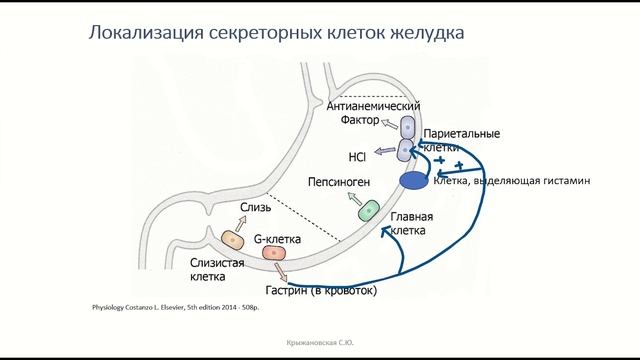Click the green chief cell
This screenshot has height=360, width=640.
click(369, 211)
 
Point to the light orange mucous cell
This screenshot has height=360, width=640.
click(232, 241)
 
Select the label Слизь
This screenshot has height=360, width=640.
click(255, 208)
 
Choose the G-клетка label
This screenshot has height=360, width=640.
click(280, 239)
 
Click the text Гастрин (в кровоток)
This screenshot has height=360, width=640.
click(320, 291)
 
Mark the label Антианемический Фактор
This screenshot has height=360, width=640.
click(372, 113)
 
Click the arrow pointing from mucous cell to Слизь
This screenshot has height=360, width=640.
click(241, 223)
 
